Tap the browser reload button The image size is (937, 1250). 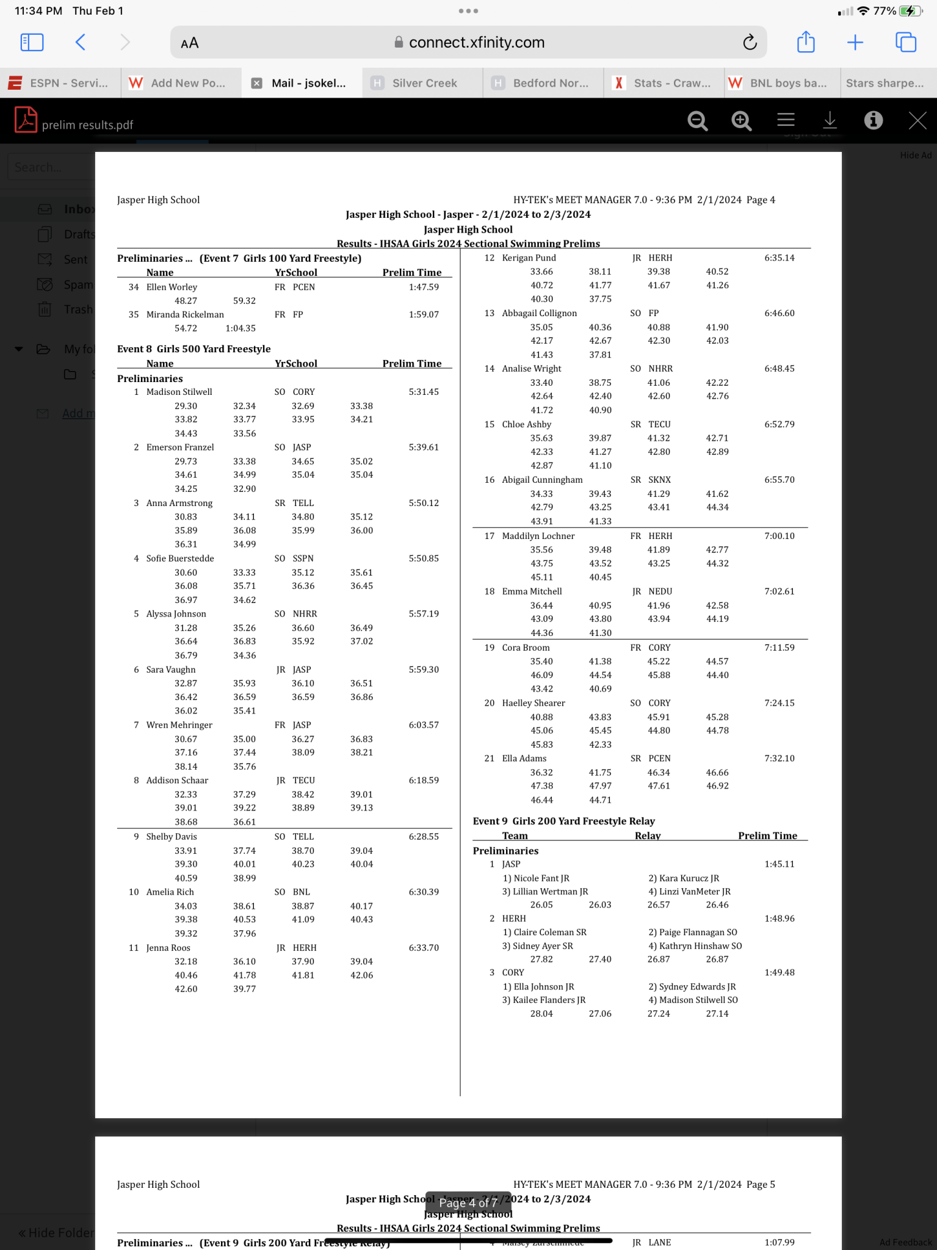coord(750,42)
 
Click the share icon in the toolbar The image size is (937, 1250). coord(806,42)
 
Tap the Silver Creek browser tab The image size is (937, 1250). coord(424,83)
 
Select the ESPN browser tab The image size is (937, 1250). coord(68,83)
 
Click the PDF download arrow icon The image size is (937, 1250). coord(830,120)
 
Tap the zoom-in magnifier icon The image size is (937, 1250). coord(741,120)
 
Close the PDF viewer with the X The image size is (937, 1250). coord(917,120)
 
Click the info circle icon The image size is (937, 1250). coord(873,120)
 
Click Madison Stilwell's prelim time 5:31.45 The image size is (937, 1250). coord(424,392)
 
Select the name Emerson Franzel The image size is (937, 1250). coord(180,447)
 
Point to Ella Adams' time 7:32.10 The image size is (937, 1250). coord(780,758)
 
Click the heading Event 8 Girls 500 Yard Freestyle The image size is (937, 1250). coord(194,349)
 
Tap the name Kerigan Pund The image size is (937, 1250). coord(529,258)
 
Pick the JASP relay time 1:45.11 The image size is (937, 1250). coord(780,864)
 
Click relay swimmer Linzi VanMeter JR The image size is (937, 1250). coord(690,892)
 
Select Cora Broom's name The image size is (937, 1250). coord(526,648)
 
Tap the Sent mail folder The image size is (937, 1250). coord(76,259)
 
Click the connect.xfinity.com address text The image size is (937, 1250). coord(476,42)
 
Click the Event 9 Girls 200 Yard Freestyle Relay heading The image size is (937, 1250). coord(563,821)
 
